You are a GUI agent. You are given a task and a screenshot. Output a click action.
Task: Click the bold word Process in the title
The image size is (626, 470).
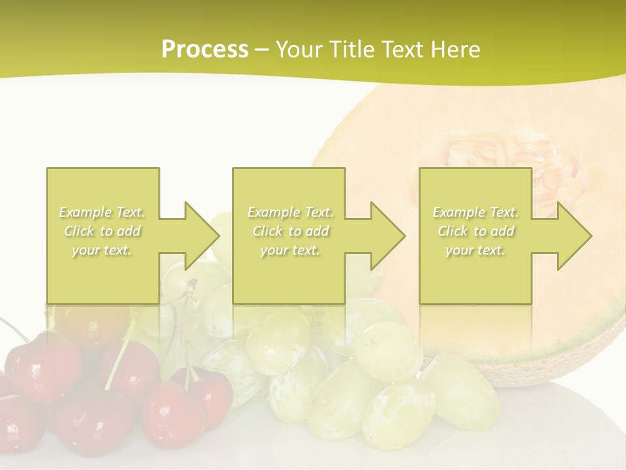click(x=205, y=50)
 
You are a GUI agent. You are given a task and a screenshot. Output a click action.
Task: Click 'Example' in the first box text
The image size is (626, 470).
click(x=85, y=212)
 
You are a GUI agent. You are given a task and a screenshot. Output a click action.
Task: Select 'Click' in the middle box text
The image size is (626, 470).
click(x=267, y=231)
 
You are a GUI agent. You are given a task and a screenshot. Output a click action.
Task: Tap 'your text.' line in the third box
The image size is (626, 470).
click(x=475, y=250)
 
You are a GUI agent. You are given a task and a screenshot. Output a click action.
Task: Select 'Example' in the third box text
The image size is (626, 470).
click(x=458, y=212)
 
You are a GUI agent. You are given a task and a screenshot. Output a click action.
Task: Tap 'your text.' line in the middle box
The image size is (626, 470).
click(x=290, y=250)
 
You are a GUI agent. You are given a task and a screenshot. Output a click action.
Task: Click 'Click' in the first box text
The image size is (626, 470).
click(x=78, y=231)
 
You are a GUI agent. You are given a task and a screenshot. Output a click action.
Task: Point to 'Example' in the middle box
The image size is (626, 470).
click(x=273, y=212)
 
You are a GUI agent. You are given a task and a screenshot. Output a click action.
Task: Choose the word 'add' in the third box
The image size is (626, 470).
click(x=502, y=231)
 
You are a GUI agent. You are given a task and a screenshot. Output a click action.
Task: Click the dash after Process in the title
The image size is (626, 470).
click(x=262, y=50)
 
